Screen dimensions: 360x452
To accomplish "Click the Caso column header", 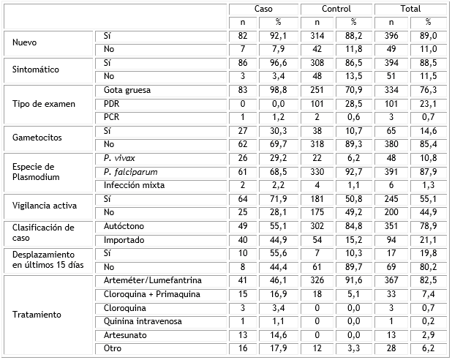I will (x=263, y=9).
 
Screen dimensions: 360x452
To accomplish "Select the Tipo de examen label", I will (x=43, y=103).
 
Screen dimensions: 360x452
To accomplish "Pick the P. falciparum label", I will (x=131, y=171).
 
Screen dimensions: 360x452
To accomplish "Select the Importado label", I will (x=121, y=240).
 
